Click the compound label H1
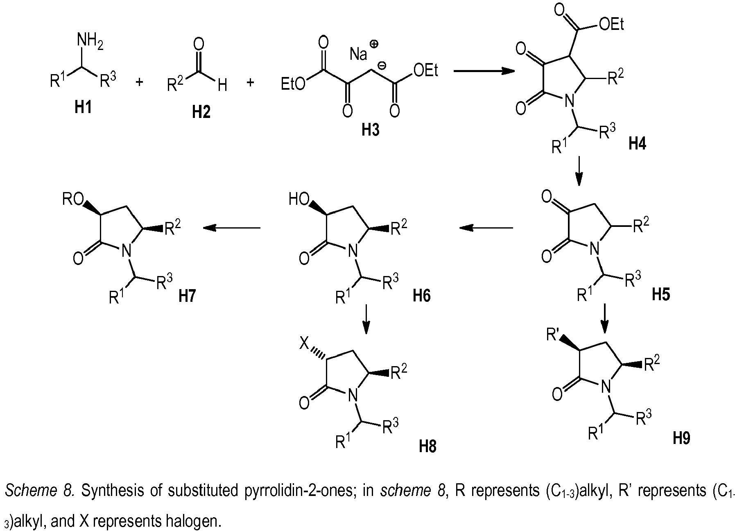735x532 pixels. pos(83,108)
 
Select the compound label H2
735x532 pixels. pos(201,112)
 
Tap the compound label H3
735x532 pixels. pos(370,130)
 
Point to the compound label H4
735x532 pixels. pos(638,144)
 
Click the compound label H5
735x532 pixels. pos(661,294)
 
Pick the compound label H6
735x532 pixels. pos(422,295)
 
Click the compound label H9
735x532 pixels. pos(682,438)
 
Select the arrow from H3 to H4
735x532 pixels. pos(484,71)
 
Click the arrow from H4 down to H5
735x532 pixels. pos(579,170)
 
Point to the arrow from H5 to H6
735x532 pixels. pos(486,228)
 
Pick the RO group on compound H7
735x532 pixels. pos(72,199)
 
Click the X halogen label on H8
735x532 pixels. pos(304,344)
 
